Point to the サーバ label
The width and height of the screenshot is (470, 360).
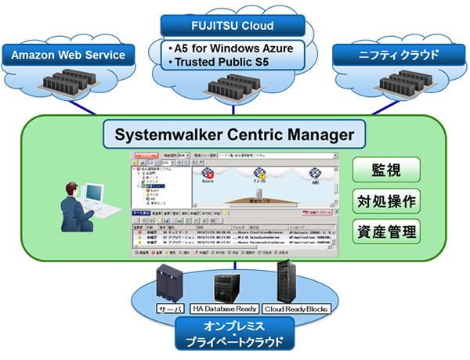167,307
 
